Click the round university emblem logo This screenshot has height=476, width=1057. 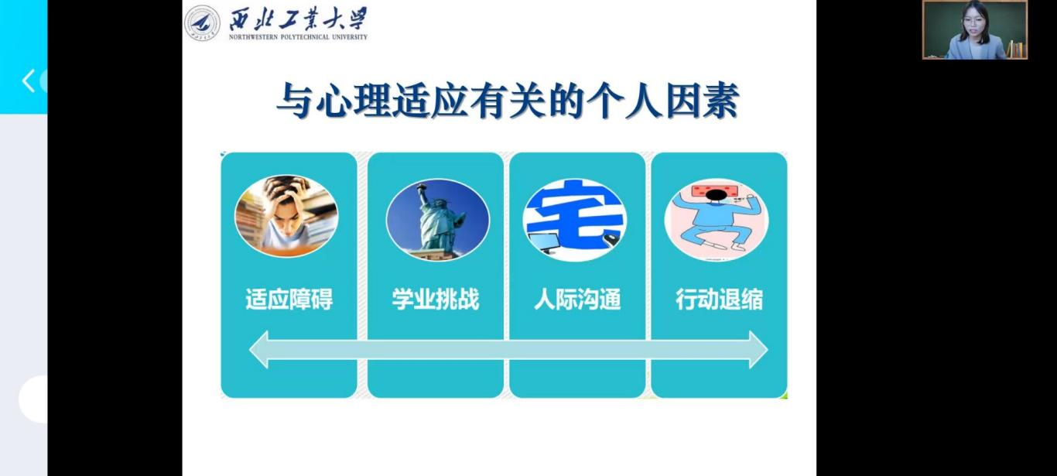coord(202,22)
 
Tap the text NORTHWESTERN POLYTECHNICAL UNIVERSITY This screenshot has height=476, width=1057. coord(298,37)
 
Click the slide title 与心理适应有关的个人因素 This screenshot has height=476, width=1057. coord(508,100)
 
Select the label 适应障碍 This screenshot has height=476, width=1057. coord(289,299)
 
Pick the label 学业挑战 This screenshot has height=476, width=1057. coord(436,299)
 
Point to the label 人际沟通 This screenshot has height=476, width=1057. coord(577,299)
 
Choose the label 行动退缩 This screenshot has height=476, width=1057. coord(719,299)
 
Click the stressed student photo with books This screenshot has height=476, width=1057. coord(286,216)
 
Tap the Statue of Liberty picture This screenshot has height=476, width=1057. coord(438,220)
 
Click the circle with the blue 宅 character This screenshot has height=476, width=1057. coord(575,220)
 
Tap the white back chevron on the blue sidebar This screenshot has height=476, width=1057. coord(29,80)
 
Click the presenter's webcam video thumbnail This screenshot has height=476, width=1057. coord(975,29)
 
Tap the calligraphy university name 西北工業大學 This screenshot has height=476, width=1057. coord(298,19)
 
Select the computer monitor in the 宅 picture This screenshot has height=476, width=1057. coord(544,243)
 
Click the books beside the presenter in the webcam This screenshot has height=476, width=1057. coord(1016,49)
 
